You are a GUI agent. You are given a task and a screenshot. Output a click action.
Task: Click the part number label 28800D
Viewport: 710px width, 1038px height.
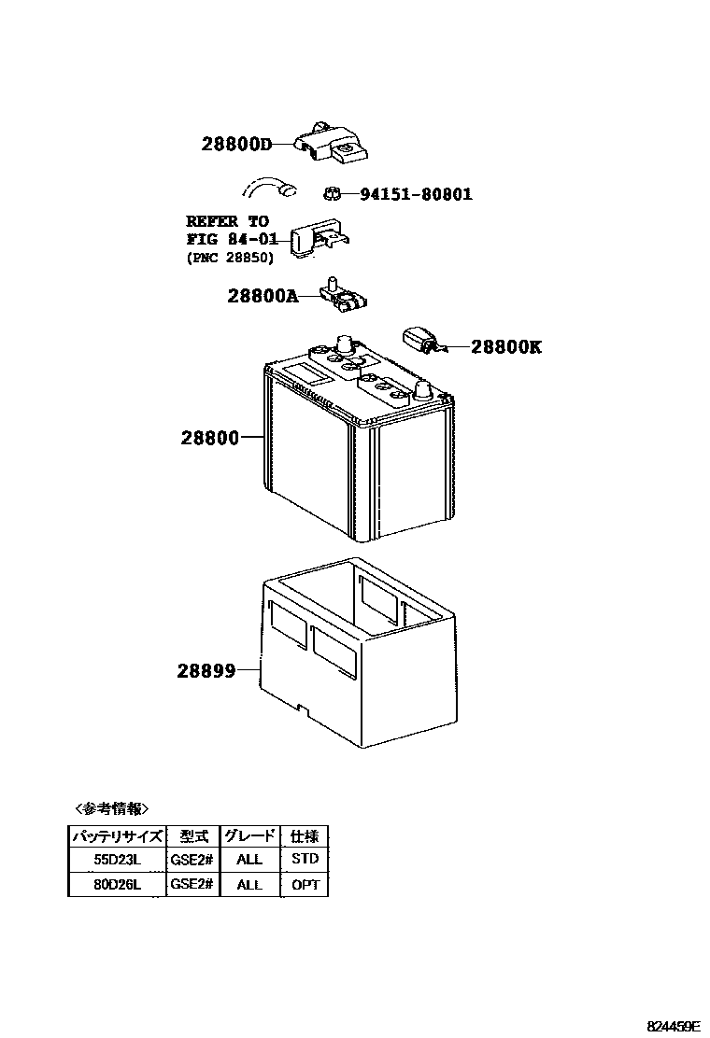point(235,144)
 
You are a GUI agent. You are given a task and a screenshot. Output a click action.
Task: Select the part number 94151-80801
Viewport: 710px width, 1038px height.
point(416,194)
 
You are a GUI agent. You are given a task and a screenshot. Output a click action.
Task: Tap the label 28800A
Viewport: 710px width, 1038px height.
point(262,296)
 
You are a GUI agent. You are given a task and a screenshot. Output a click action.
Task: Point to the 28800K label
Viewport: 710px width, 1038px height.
point(505,347)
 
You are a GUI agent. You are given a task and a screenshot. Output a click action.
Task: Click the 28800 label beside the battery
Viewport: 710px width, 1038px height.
point(204,437)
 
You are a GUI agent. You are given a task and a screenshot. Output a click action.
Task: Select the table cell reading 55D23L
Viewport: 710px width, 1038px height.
point(116,859)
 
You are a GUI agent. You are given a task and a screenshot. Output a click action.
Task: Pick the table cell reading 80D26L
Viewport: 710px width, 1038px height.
point(116,884)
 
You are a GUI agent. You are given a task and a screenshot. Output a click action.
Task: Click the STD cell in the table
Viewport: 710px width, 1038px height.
point(305,859)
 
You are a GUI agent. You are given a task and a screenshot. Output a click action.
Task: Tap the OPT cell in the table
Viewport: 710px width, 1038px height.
point(305,884)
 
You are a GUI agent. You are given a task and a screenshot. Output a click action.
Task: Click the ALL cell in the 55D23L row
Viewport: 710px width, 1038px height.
point(249,859)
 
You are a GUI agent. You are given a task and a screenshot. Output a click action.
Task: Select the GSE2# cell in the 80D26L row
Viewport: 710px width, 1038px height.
point(192,884)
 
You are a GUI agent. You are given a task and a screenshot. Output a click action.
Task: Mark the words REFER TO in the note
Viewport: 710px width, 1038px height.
point(227,221)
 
